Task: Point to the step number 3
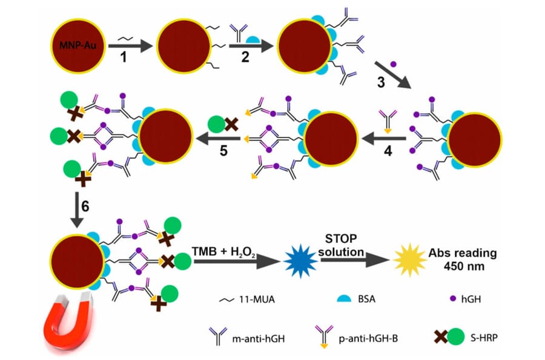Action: click(x=381, y=82)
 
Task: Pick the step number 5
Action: click(x=225, y=150)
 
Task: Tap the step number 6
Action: click(x=85, y=206)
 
